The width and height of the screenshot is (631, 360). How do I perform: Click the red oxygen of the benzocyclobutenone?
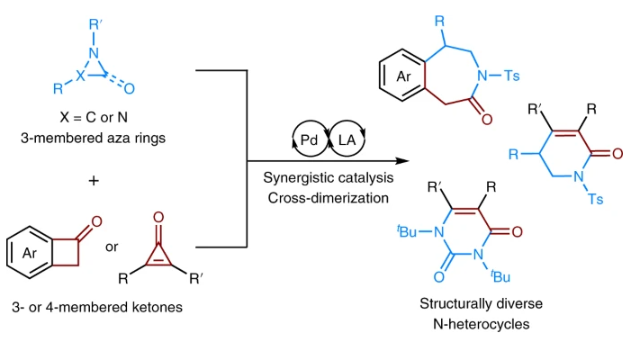click(96, 222)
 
